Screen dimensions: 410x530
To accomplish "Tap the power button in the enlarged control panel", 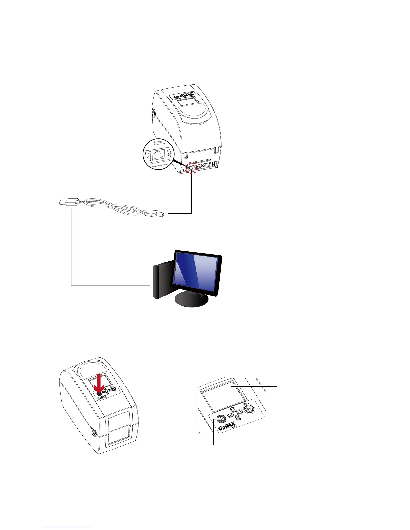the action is tap(220, 419).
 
